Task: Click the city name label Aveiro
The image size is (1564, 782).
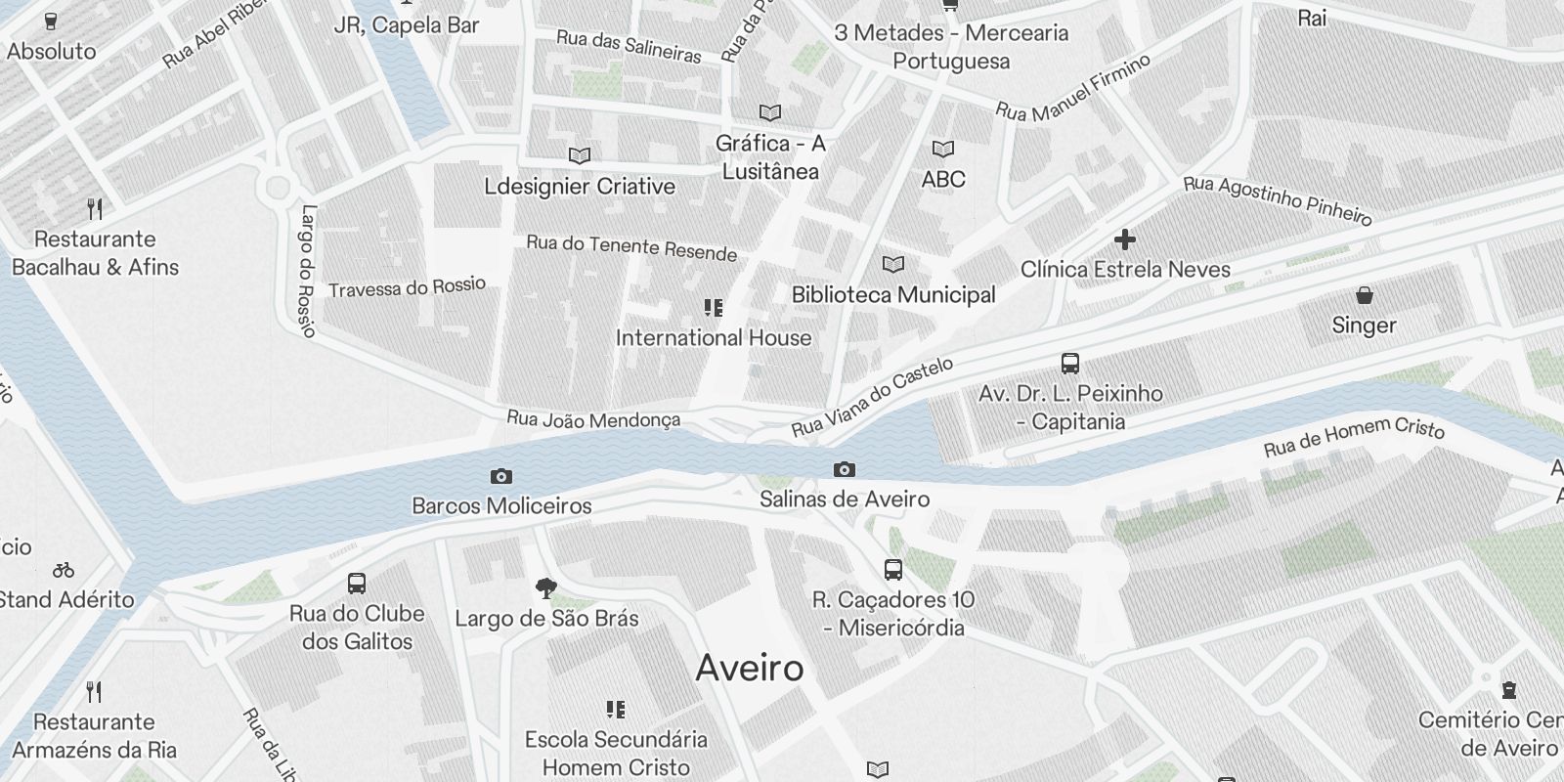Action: click(x=750, y=669)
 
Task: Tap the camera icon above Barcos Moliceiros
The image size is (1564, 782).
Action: click(x=501, y=477)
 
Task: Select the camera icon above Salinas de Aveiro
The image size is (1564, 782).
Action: click(x=845, y=470)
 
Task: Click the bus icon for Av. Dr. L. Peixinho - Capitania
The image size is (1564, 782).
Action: click(x=1070, y=364)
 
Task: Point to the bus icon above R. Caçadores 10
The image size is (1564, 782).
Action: click(x=892, y=570)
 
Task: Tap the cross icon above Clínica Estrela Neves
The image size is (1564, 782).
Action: click(x=1125, y=239)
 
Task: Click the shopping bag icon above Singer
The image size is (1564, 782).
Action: click(x=1364, y=295)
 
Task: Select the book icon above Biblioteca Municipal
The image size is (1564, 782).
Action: click(x=892, y=265)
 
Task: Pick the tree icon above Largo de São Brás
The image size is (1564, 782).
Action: click(x=546, y=588)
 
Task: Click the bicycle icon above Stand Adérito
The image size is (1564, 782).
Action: click(x=64, y=570)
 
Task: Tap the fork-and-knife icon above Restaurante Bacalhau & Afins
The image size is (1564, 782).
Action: click(x=95, y=209)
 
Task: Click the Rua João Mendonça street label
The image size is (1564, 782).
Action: click(x=592, y=419)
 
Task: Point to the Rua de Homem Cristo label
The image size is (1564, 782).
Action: click(x=1354, y=436)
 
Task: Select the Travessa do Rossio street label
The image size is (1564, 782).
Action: click(x=407, y=287)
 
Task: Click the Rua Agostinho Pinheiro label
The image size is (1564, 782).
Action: click(x=1277, y=199)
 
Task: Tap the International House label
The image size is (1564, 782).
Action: click(x=714, y=338)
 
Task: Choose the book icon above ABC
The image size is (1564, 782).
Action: click(x=942, y=150)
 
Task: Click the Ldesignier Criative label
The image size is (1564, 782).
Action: click(x=580, y=187)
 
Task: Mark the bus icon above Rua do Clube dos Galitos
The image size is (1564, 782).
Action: click(x=357, y=584)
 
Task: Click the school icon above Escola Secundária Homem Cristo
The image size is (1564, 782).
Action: click(x=616, y=710)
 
